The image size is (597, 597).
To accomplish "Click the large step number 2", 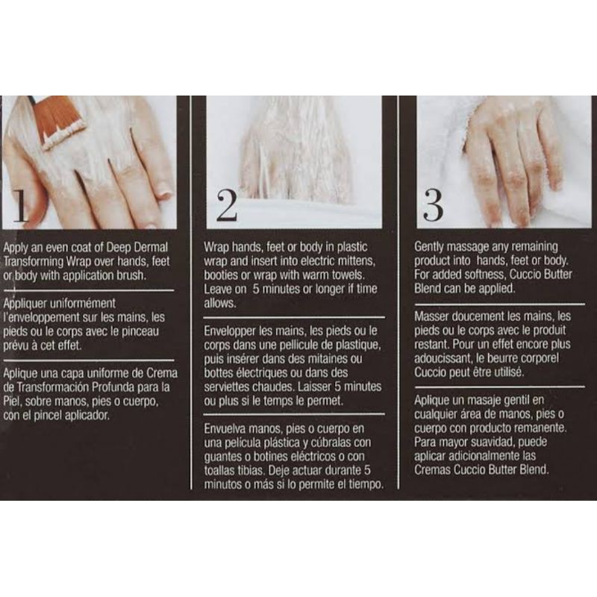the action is [x=227, y=205].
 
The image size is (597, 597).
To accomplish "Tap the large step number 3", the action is [x=434, y=205].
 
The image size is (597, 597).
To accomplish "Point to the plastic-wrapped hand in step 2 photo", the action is [x=295, y=152].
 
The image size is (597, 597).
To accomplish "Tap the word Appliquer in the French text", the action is [x=25, y=304].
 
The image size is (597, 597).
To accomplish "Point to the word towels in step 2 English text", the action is [x=346, y=275].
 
